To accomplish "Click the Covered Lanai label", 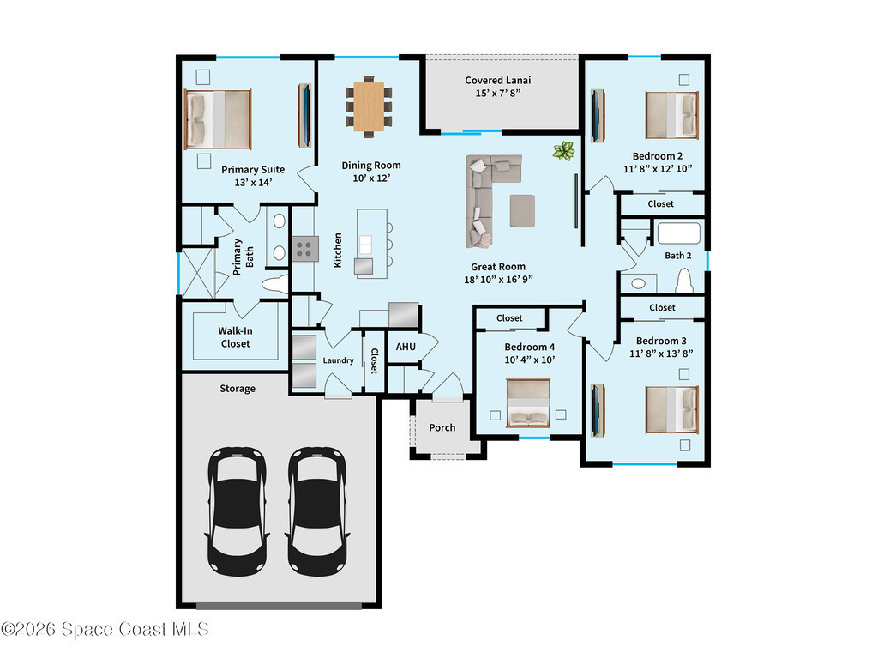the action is (x=498, y=80).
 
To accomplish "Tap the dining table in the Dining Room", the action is (x=369, y=106).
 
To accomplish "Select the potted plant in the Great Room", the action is (x=564, y=151).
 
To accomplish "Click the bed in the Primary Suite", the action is (x=218, y=119).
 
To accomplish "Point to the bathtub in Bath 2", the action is (x=679, y=233).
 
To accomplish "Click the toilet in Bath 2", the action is (x=684, y=281).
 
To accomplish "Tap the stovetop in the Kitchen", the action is (x=304, y=249).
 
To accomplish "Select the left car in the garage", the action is (x=237, y=511).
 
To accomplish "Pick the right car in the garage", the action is (x=316, y=511).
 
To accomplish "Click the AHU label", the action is (x=406, y=347).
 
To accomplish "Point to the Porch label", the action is (x=442, y=427).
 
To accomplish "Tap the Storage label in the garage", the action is (x=238, y=389).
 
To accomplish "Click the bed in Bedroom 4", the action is (x=528, y=403).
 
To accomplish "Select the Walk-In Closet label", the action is (x=235, y=336).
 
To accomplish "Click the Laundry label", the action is (x=338, y=360).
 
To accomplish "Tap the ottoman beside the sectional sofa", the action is (x=522, y=211).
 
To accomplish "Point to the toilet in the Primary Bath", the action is (x=275, y=285).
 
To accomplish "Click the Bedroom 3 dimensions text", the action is (x=661, y=354).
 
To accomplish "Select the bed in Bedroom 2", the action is (x=672, y=115).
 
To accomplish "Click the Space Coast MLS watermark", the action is (x=105, y=629).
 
